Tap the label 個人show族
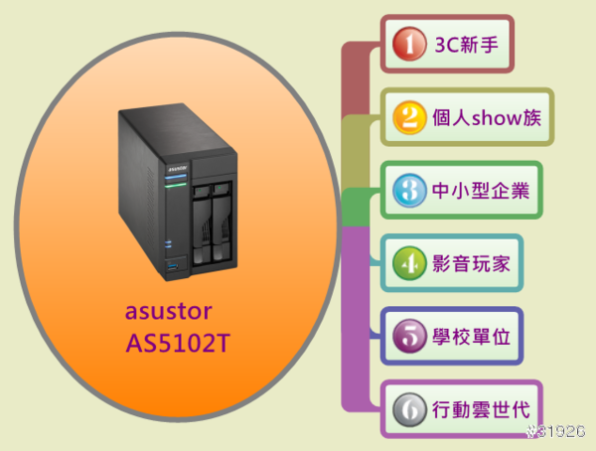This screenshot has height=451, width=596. [x=487, y=117]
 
